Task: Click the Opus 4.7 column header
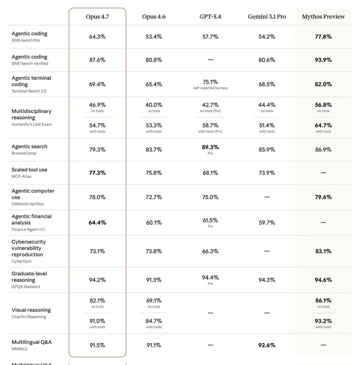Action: click(97, 17)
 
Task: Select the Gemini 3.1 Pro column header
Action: click(267, 17)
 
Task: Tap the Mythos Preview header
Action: click(323, 17)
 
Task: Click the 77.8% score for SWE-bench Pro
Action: click(323, 36)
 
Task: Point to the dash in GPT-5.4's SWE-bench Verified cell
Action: click(210, 60)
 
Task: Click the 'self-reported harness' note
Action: click(210, 88)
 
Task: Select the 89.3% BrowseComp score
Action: click(210, 147)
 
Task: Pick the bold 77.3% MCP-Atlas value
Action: click(97, 173)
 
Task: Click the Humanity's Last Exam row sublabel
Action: click(32, 124)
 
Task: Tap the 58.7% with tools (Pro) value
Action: click(210, 125)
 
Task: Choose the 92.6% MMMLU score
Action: click(267, 345)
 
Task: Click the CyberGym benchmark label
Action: click(21, 261)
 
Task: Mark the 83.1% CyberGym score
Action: click(323, 251)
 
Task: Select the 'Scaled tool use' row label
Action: click(30, 169)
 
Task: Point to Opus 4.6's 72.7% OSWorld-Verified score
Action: click(154, 197)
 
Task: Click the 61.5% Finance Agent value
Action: click(210, 220)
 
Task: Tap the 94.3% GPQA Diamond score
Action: click(267, 280)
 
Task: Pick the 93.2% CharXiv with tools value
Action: click(323, 321)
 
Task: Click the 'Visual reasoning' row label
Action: click(31, 310)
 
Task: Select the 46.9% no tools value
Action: click(97, 105)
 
